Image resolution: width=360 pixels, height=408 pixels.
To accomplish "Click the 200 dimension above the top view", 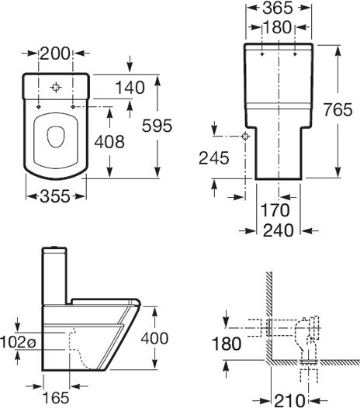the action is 55,54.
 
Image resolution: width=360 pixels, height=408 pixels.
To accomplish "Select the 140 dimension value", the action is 130,88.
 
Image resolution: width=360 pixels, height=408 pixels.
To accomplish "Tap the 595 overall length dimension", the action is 157,126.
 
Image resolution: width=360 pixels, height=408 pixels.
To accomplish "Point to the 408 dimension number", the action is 109,142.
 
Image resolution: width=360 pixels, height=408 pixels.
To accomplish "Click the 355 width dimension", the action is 55,196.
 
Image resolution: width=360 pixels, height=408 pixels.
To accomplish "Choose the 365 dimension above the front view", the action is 278,8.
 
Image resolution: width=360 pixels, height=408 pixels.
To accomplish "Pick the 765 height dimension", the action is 337,109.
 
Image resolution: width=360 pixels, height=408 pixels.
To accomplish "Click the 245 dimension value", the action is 214,158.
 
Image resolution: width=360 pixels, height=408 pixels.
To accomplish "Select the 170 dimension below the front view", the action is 275,210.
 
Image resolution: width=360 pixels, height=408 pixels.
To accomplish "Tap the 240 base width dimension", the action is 279,230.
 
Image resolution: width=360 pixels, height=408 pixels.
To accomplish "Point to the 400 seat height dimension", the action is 154,338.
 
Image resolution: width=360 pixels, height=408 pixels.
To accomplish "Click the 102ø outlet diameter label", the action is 18,341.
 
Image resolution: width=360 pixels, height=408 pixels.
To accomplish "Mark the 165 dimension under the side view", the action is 56,398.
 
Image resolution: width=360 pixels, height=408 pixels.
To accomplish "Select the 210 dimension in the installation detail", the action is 289,401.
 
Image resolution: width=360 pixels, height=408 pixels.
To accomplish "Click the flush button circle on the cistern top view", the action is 56,88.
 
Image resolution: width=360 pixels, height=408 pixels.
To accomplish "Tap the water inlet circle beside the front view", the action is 245,136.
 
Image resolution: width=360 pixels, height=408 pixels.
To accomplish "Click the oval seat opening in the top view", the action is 55,137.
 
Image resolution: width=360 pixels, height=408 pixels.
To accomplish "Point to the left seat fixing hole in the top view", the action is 39,107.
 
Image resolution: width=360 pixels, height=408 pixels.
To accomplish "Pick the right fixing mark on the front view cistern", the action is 295,54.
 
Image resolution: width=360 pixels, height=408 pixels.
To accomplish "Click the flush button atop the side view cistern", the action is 55,247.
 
